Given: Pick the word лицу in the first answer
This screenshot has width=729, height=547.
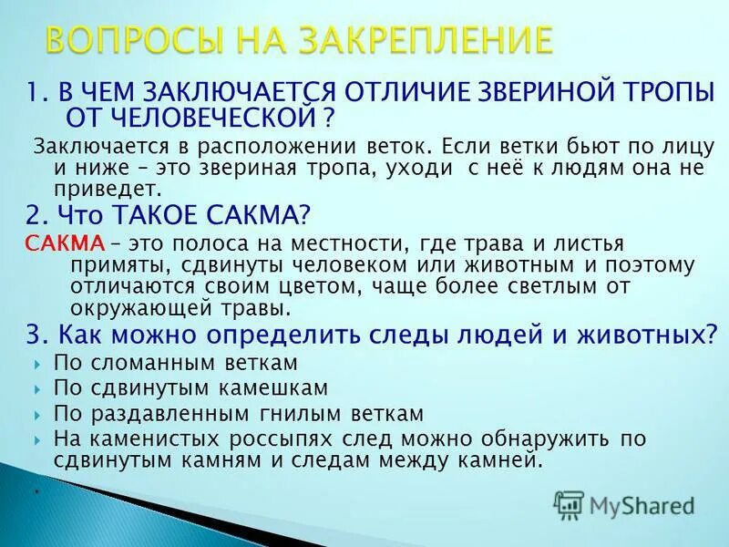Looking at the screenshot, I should tap(687, 146).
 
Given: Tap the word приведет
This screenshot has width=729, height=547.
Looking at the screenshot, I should tap(122, 190).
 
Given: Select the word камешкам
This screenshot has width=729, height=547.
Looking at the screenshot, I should tap(275, 388).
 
